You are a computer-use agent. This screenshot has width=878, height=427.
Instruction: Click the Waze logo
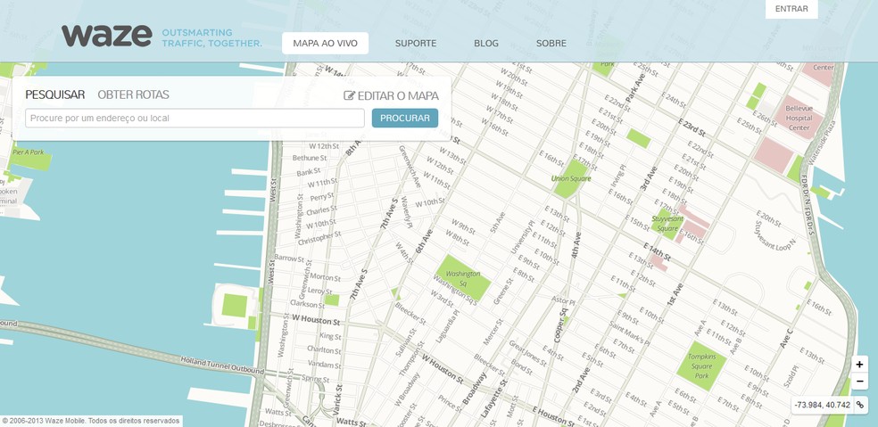pos(106,36)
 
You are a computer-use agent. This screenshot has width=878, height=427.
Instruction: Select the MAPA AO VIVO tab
pos(325,43)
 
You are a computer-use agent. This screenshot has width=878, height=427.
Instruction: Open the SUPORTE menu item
pos(416,43)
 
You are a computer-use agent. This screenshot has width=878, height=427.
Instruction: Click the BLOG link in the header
pos(486,43)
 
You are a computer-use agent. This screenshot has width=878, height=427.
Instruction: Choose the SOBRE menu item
pos(551,43)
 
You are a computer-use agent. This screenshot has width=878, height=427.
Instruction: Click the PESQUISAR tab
pos(54,94)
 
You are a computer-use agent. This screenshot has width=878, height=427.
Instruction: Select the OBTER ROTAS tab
pos(133,94)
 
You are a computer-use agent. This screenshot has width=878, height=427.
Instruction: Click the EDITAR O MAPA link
pos(391,95)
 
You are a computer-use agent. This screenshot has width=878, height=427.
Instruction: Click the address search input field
pos(195,118)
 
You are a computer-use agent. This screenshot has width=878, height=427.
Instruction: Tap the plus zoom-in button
pos(859,364)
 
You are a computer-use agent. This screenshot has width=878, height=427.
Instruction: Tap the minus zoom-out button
pos(859,382)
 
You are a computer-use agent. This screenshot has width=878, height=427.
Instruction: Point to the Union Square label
pos(571,178)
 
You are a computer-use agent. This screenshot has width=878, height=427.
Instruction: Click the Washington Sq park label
pos(462,278)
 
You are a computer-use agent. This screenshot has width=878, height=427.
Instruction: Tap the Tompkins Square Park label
pos(702,365)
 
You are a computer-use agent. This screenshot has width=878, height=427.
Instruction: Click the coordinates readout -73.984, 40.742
pos(823,405)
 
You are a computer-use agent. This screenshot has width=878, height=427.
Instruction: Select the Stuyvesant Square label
pos(667,222)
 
